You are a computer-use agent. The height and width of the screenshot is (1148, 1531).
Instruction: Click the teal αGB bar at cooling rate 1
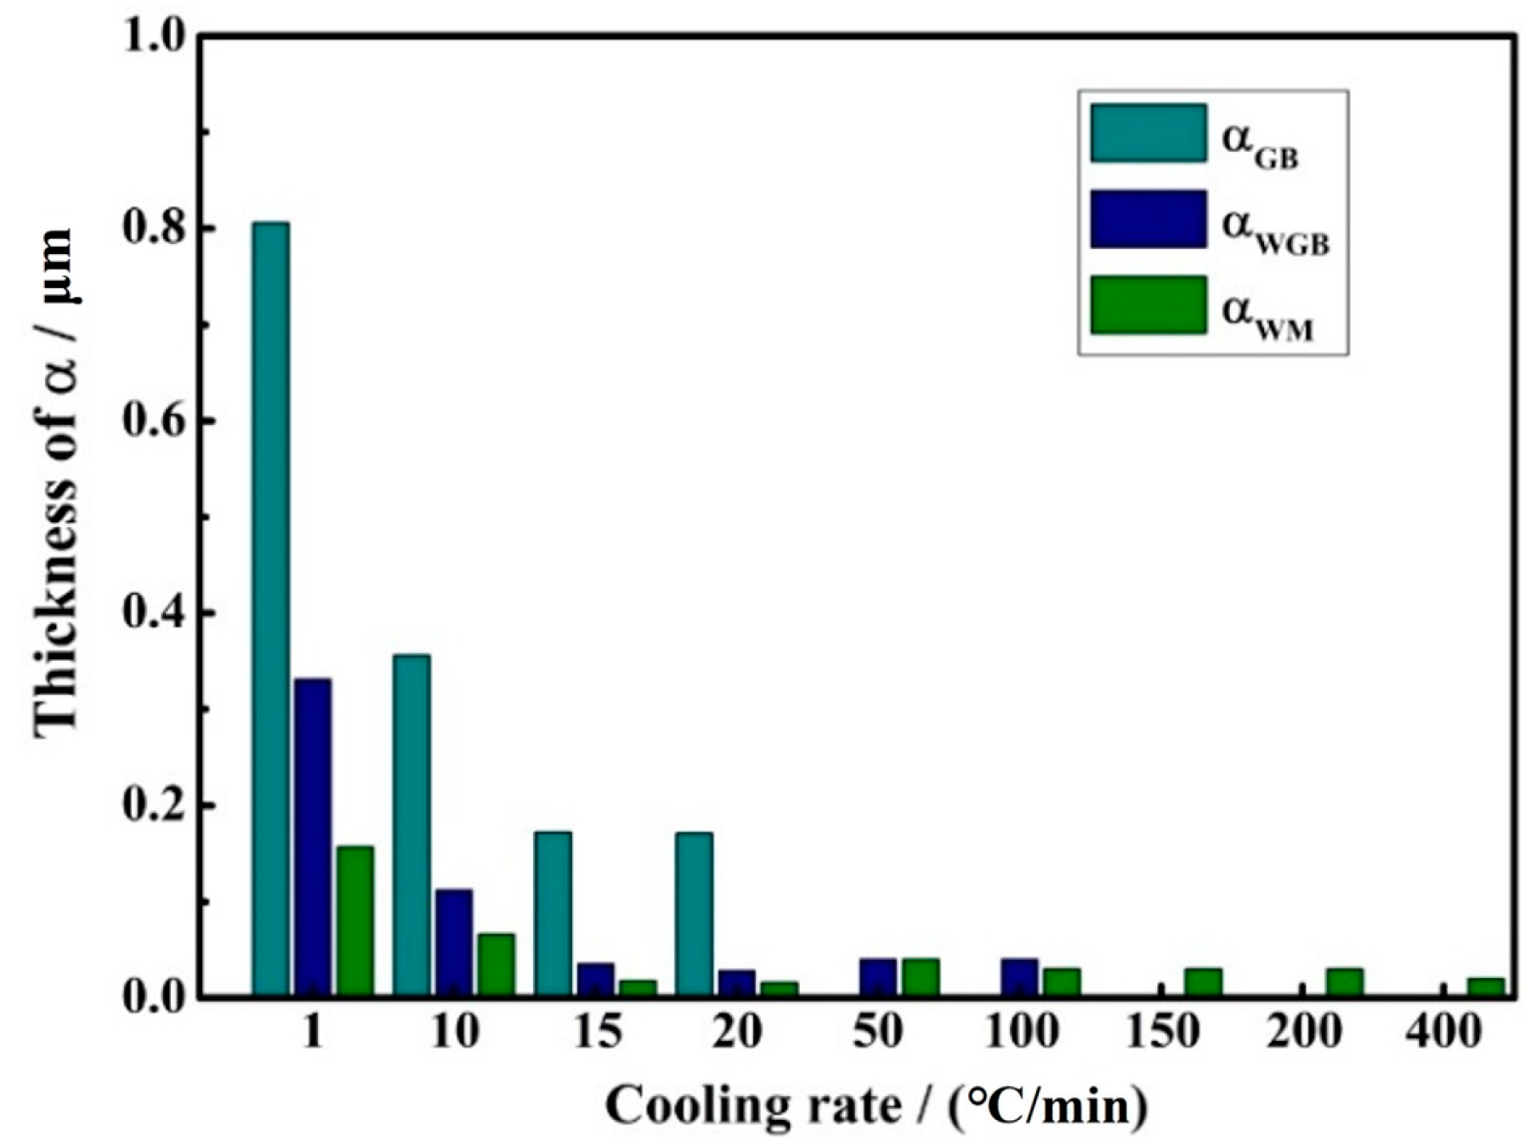pos(270,608)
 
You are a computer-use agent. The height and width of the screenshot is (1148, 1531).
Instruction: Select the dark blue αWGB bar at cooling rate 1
pos(313,837)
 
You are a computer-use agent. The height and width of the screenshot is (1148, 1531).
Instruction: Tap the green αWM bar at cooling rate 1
pos(355,920)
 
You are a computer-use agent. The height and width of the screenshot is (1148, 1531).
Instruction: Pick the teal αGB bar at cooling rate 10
pos(411,825)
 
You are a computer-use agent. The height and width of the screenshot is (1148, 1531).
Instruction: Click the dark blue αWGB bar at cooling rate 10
pos(454,942)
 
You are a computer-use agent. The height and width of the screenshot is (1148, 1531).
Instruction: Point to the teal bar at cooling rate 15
pos(553,913)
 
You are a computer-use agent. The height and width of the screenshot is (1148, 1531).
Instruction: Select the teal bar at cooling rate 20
pos(694,913)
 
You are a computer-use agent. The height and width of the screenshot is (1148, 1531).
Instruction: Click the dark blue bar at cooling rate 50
pos(878,977)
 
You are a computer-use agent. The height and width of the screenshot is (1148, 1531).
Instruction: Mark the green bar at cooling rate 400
pos(1485,986)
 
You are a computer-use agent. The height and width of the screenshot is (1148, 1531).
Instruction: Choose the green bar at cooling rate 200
pos(1344,981)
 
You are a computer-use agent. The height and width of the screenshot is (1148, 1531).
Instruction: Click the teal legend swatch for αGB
pos(1148,134)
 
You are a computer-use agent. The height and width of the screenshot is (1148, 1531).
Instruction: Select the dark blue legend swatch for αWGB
pos(1148,219)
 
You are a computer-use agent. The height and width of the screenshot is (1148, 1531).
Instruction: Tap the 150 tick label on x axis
pos(1161,1033)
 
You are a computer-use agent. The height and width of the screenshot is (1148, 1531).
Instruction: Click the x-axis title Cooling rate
pos(876,1106)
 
